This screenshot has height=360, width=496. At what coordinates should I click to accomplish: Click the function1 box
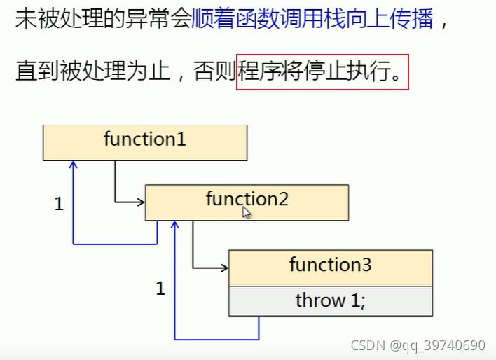(x=144, y=142)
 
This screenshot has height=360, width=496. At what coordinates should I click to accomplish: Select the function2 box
(x=247, y=202)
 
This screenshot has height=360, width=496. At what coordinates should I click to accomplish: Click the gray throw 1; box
(x=330, y=300)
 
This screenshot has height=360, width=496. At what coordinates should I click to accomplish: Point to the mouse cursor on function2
(x=246, y=212)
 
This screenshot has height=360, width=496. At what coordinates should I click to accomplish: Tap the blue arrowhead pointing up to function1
(x=73, y=165)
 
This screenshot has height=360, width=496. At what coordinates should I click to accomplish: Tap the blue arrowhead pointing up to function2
(x=175, y=225)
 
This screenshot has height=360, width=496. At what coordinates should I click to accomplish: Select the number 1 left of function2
(x=59, y=204)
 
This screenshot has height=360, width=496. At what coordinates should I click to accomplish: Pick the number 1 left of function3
(x=160, y=288)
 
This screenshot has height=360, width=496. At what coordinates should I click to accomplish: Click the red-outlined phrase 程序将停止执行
(x=322, y=72)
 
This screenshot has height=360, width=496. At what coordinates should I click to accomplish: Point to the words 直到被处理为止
(x=83, y=72)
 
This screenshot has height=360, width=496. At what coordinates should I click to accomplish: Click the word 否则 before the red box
(x=219, y=72)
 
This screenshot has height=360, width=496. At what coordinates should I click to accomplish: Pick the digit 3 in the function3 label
(x=366, y=265)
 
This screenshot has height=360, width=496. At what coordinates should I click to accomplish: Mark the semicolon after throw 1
(x=363, y=302)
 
